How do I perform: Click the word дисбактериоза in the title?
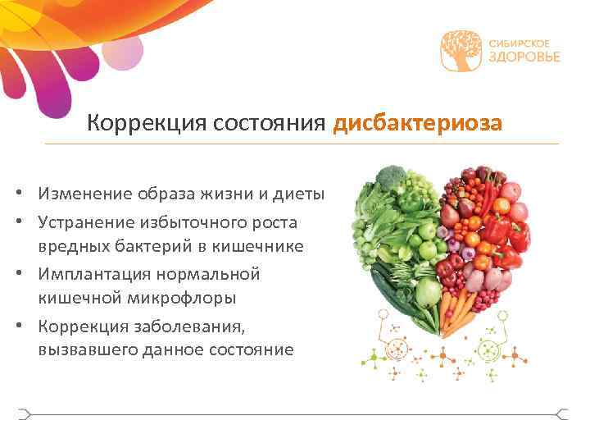tap(417, 123)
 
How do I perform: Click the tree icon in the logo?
tap(461, 50)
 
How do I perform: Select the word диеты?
tap(300, 194)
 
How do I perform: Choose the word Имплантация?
tap(99, 273)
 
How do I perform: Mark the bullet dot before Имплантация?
tap(27, 274)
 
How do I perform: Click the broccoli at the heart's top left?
tap(392, 178)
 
